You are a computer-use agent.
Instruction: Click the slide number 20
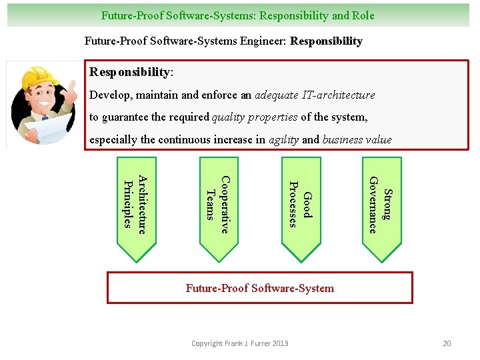click(x=447, y=343)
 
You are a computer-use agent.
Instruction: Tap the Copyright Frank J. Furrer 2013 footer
click(x=240, y=343)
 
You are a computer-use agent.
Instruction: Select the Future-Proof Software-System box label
click(x=260, y=288)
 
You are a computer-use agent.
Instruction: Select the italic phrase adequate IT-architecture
click(x=315, y=95)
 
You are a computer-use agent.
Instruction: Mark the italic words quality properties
click(x=255, y=117)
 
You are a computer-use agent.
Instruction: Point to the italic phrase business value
click(x=357, y=139)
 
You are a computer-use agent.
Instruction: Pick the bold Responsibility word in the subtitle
click(x=327, y=41)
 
